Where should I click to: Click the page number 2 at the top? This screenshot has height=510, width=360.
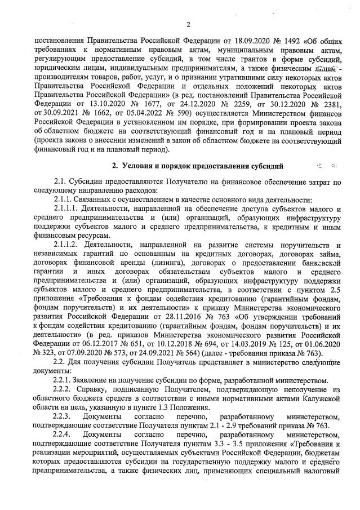coord(188,24)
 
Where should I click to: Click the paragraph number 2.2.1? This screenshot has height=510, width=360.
coord(64,364)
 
